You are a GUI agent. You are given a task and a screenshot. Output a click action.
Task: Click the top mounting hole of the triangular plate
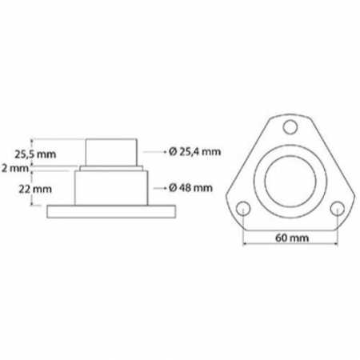290,125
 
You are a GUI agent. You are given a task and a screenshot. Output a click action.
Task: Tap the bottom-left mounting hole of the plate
242,208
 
